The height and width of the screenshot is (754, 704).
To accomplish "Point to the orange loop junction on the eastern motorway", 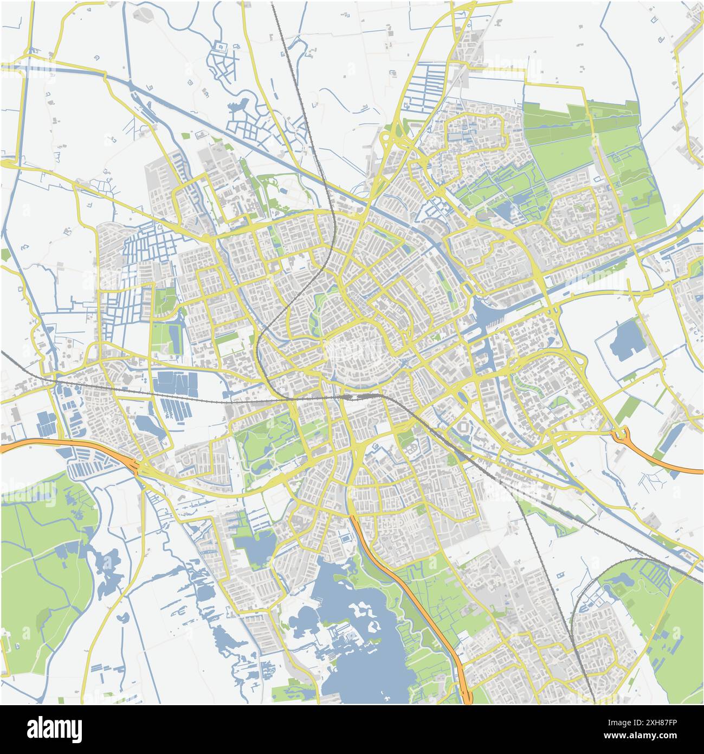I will [622, 434].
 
